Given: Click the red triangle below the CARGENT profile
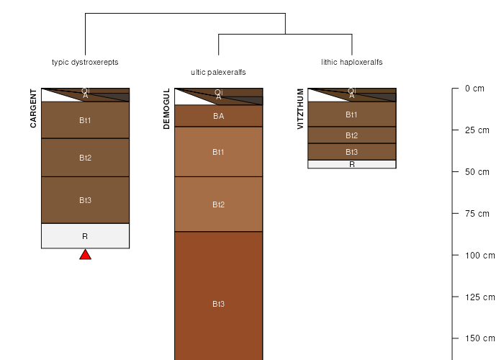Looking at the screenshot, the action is tap(85, 255).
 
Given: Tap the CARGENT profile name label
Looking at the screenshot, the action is tap(33, 108).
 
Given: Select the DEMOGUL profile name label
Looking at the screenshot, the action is tap(166, 109).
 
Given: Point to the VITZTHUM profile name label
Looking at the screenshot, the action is tap(300, 109).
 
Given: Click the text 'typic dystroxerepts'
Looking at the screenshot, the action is tap(85, 62).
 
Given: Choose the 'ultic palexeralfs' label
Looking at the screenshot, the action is tap(218, 72).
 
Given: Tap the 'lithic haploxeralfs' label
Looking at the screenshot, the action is tap(352, 62).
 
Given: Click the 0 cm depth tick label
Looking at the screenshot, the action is tap(474, 89).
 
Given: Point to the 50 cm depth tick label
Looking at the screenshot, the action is tap(477, 172).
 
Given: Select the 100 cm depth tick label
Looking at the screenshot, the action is tap(480, 256).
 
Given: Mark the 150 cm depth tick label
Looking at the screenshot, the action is tap(480, 338).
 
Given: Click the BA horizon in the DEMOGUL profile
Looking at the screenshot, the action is tap(219, 116).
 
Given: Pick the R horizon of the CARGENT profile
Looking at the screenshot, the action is tap(85, 236).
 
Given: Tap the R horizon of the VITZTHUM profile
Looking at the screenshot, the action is tap(352, 164).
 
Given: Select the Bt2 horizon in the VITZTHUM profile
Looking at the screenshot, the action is tap(352, 135).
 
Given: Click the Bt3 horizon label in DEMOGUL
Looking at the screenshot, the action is tap(219, 304).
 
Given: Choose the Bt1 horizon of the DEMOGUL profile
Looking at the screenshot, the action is tap(219, 152).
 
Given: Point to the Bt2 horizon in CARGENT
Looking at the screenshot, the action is tap(85, 158).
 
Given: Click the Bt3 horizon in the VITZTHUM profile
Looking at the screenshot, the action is tap(352, 152).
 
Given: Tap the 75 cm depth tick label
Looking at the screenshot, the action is tap(477, 214).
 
